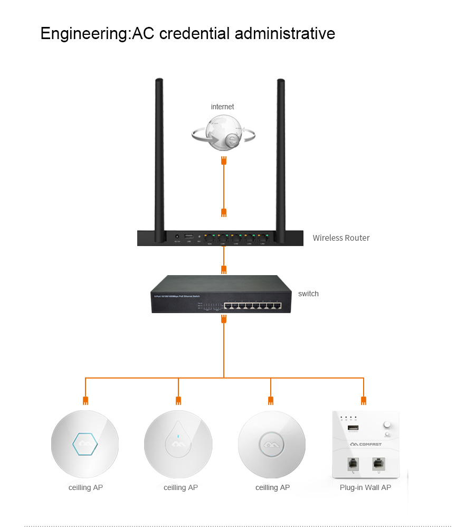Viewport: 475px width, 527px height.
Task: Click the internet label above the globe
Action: (x=222, y=107)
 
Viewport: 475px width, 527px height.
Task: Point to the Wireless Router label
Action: (x=341, y=238)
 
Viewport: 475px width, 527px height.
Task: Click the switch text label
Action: (x=308, y=294)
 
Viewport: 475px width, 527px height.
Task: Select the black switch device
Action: (x=221, y=294)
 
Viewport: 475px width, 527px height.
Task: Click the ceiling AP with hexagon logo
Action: (x=85, y=445)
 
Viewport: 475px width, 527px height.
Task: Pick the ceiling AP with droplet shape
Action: (x=178, y=445)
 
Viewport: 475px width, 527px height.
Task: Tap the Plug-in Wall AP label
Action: (x=365, y=487)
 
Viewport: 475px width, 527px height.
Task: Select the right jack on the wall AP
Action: (x=377, y=463)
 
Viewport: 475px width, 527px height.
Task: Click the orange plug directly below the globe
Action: (x=224, y=160)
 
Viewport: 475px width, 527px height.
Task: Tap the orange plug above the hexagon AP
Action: (x=85, y=400)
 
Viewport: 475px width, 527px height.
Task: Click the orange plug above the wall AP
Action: (x=363, y=400)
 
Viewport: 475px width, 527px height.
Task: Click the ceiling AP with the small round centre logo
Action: (x=271, y=445)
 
